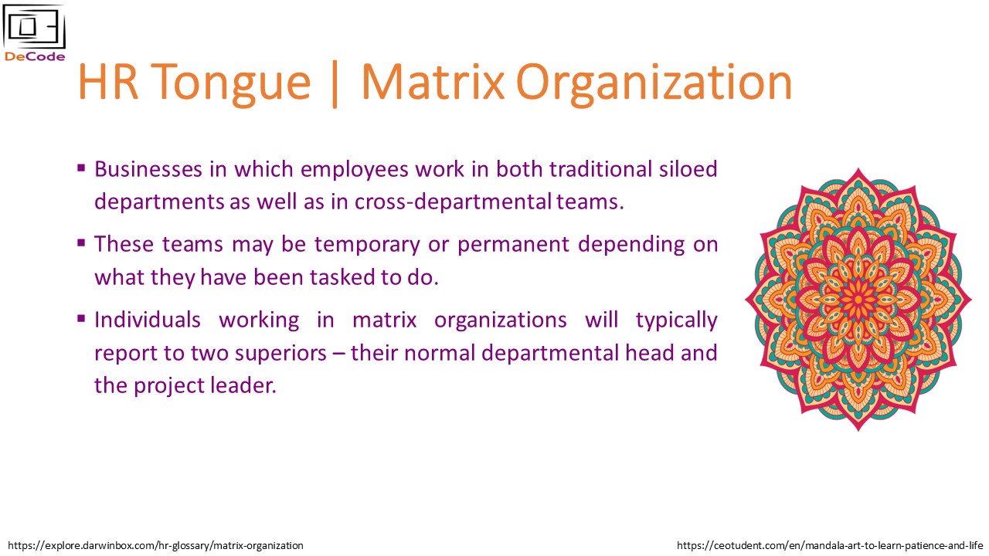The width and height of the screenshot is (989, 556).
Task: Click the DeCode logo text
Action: (x=35, y=56)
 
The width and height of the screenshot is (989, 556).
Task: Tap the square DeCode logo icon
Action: (x=35, y=26)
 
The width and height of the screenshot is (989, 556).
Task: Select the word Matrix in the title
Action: (x=433, y=82)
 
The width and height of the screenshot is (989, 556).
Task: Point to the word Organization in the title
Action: (x=654, y=84)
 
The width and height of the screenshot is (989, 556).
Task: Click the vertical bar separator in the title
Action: (x=335, y=84)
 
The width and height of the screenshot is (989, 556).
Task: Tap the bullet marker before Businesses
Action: (x=81, y=168)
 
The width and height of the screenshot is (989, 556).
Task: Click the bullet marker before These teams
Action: (x=81, y=242)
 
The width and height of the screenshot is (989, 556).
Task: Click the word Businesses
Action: (x=148, y=169)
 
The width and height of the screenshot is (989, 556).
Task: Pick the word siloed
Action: (x=688, y=169)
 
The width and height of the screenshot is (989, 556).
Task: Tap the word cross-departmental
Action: (x=453, y=202)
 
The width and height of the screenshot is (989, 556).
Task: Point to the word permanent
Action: (x=513, y=245)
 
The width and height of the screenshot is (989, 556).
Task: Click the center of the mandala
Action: (x=858, y=300)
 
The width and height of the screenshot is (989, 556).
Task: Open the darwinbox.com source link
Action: (x=155, y=546)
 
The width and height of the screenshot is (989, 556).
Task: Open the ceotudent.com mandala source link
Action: (x=830, y=546)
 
